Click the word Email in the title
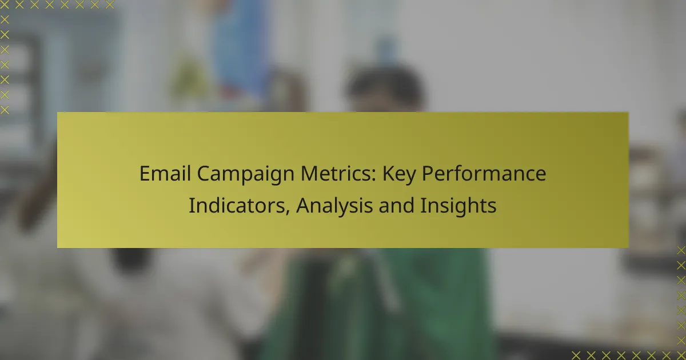click(165, 174)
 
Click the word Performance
click(484, 174)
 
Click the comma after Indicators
click(288, 211)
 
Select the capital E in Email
click(145, 174)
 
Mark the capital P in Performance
click(428, 174)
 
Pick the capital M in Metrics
click(309, 174)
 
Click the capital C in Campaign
click(204, 174)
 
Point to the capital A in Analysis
click(303, 205)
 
